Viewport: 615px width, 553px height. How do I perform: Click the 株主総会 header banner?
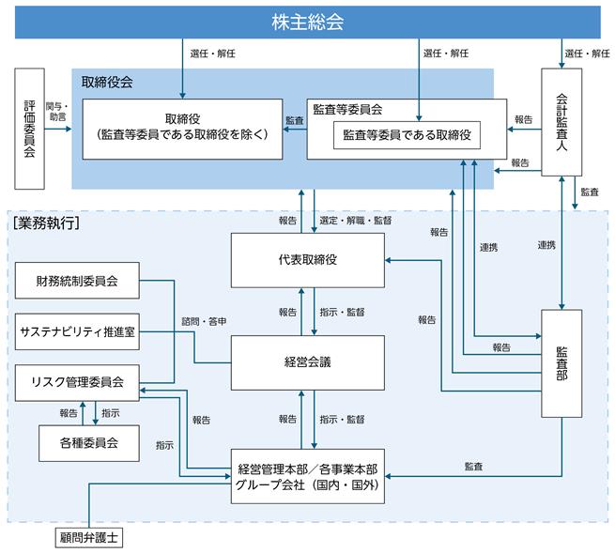click(x=308, y=22)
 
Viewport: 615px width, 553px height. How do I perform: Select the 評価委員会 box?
click(x=29, y=129)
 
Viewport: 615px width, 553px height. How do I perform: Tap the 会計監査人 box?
click(x=561, y=122)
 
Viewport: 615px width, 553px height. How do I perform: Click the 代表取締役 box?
click(x=308, y=260)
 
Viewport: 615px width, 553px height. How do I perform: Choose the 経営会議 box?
click(x=308, y=362)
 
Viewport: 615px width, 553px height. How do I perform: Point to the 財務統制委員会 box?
click(x=77, y=281)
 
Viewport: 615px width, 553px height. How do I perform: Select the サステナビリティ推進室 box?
click(x=77, y=331)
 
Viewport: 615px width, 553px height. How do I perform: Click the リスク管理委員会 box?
click(x=77, y=383)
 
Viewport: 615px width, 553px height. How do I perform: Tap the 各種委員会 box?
click(x=89, y=443)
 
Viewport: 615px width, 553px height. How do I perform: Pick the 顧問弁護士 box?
click(x=89, y=537)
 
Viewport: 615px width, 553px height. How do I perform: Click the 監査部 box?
click(x=561, y=363)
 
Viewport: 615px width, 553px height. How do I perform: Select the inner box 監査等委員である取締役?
click(x=407, y=135)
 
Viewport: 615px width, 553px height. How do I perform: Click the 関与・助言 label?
click(x=57, y=112)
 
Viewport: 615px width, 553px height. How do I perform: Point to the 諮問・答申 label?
click(x=204, y=322)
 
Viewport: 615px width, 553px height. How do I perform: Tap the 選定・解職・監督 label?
click(x=355, y=221)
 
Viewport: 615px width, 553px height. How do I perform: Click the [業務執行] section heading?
click(x=46, y=223)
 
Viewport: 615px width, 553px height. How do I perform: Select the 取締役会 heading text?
click(x=107, y=82)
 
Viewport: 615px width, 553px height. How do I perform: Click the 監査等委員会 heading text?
click(x=347, y=110)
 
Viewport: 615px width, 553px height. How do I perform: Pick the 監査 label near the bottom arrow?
click(x=473, y=467)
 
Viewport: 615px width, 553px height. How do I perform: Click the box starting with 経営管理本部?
click(x=308, y=476)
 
